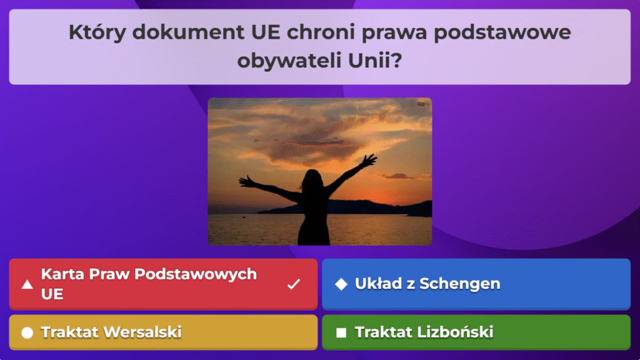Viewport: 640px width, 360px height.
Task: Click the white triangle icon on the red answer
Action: click(27, 284)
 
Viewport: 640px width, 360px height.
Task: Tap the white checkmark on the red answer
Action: click(294, 284)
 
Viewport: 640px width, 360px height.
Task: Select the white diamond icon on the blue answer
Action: click(341, 284)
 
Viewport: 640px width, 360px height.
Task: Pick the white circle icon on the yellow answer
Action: click(27, 332)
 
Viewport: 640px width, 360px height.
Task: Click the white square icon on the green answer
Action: click(341, 332)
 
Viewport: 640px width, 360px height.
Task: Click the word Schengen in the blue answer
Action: click(459, 284)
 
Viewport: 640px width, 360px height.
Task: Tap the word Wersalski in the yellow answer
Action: click(144, 332)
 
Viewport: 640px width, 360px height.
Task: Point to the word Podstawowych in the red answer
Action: click(196, 274)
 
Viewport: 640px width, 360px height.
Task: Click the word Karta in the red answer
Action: click(63, 274)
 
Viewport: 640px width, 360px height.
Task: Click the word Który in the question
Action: click(97, 32)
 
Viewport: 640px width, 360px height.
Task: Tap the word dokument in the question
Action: click(188, 32)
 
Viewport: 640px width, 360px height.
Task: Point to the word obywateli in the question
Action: click(289, 61)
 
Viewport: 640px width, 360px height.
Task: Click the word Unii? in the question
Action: click(375, 61)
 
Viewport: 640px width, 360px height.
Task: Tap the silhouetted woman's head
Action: click(312, 179)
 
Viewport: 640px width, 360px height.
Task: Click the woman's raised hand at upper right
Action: click(369, 161)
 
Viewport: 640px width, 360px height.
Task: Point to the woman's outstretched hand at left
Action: click(246, 182)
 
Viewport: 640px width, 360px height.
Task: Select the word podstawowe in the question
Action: click(502, 32)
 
